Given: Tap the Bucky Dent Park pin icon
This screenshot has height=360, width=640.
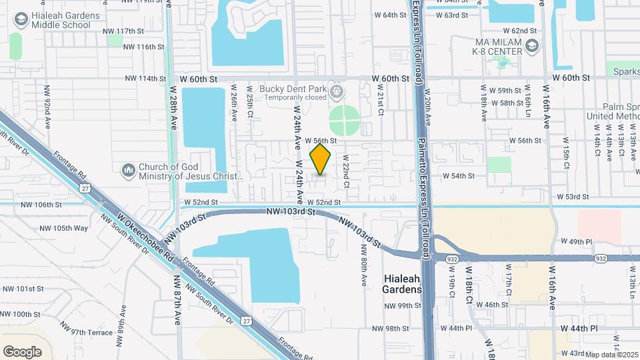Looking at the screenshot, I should [338, 90].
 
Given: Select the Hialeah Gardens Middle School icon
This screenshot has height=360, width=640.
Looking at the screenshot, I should [22, 19].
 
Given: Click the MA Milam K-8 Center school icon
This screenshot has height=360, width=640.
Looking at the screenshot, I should [532, 46].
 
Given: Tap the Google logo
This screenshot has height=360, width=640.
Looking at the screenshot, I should [22, 351].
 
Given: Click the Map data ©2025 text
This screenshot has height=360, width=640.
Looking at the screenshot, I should [612, 355].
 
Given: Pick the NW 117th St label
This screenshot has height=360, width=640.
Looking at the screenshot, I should [124, 31].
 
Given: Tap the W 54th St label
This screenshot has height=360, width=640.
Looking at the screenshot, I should [459, 176].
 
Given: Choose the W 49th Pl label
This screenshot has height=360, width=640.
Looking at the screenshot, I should [572, 241].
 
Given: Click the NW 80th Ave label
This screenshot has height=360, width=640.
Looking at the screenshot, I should [364, 265].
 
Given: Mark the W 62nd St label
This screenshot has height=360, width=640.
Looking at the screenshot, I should [520, 31].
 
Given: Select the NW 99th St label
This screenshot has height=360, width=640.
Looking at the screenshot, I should [402, 306].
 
